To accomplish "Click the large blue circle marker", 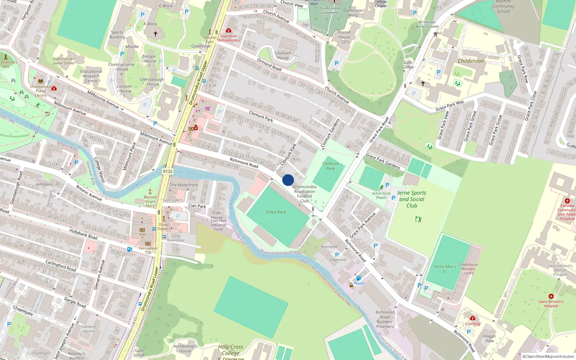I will coord(288,180).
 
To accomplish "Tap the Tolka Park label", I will coord(276,212).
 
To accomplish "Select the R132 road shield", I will coord(168,171).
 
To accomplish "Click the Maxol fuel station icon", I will coord(359,278).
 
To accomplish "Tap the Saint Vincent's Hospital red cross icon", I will coord(551,296).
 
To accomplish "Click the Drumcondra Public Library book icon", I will coord(41,81).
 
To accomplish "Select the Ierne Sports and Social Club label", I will coord(411,199).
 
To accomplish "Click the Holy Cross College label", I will coord(231,350).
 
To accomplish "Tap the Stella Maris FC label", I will coord(445,269).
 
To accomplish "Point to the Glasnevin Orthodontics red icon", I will coord(228,31).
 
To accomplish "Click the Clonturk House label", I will coord(283,55).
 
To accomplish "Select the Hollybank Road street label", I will coord(83,234).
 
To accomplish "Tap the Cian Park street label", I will coord(197,206).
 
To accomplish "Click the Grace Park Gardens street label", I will coord(383,161).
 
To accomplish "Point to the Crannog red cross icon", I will coord(473,318).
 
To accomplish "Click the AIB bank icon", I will coord(142,230).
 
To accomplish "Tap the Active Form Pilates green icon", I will coord(382,187).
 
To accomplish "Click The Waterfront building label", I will coord(184,185).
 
